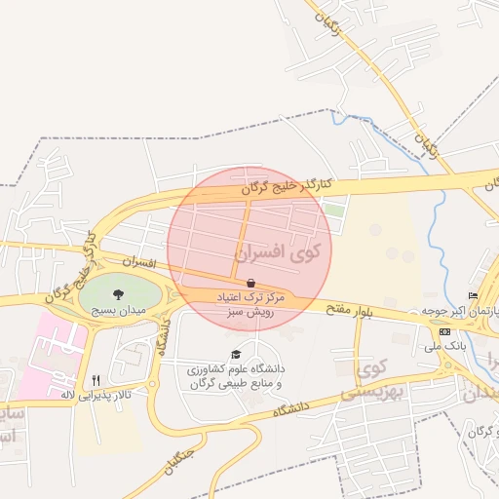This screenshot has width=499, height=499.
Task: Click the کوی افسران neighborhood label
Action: (278, 252)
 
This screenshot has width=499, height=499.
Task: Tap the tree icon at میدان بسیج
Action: (118, 292)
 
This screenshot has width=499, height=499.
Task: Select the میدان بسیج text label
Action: (118, 310)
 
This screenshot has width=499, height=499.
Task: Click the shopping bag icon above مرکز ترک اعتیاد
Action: (252, 282)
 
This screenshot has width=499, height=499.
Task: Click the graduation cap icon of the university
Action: (235, 355)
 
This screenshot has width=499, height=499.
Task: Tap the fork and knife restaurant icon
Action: (95, 380)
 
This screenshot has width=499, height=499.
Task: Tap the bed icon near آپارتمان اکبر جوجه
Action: (474, 295)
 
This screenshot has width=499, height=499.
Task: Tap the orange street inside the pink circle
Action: (246, 234)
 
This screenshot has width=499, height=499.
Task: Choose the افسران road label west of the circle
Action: (139, 263)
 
